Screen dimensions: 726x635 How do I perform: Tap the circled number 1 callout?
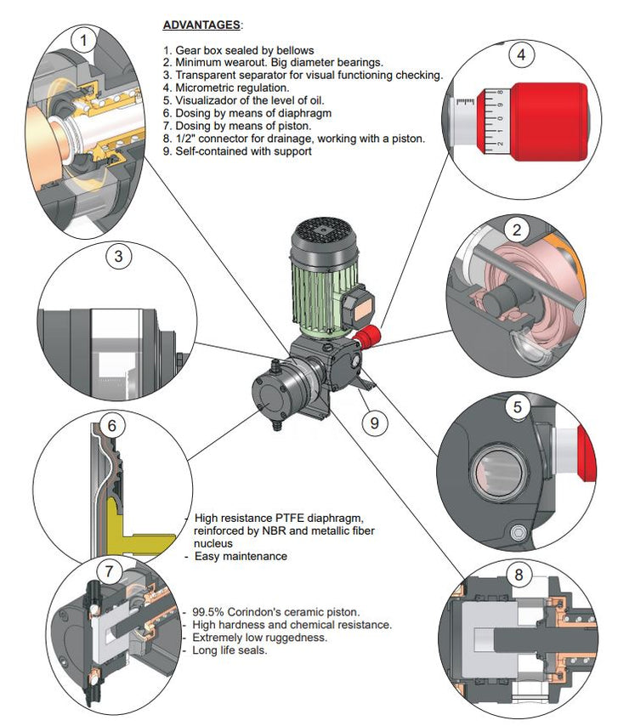coord(82,39)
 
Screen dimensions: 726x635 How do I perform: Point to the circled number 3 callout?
coord(119,254)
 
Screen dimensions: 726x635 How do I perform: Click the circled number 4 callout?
coord(521,56)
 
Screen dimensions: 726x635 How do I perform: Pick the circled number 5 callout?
coord(517,407)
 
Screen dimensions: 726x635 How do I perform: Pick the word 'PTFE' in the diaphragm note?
coord(294,518)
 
